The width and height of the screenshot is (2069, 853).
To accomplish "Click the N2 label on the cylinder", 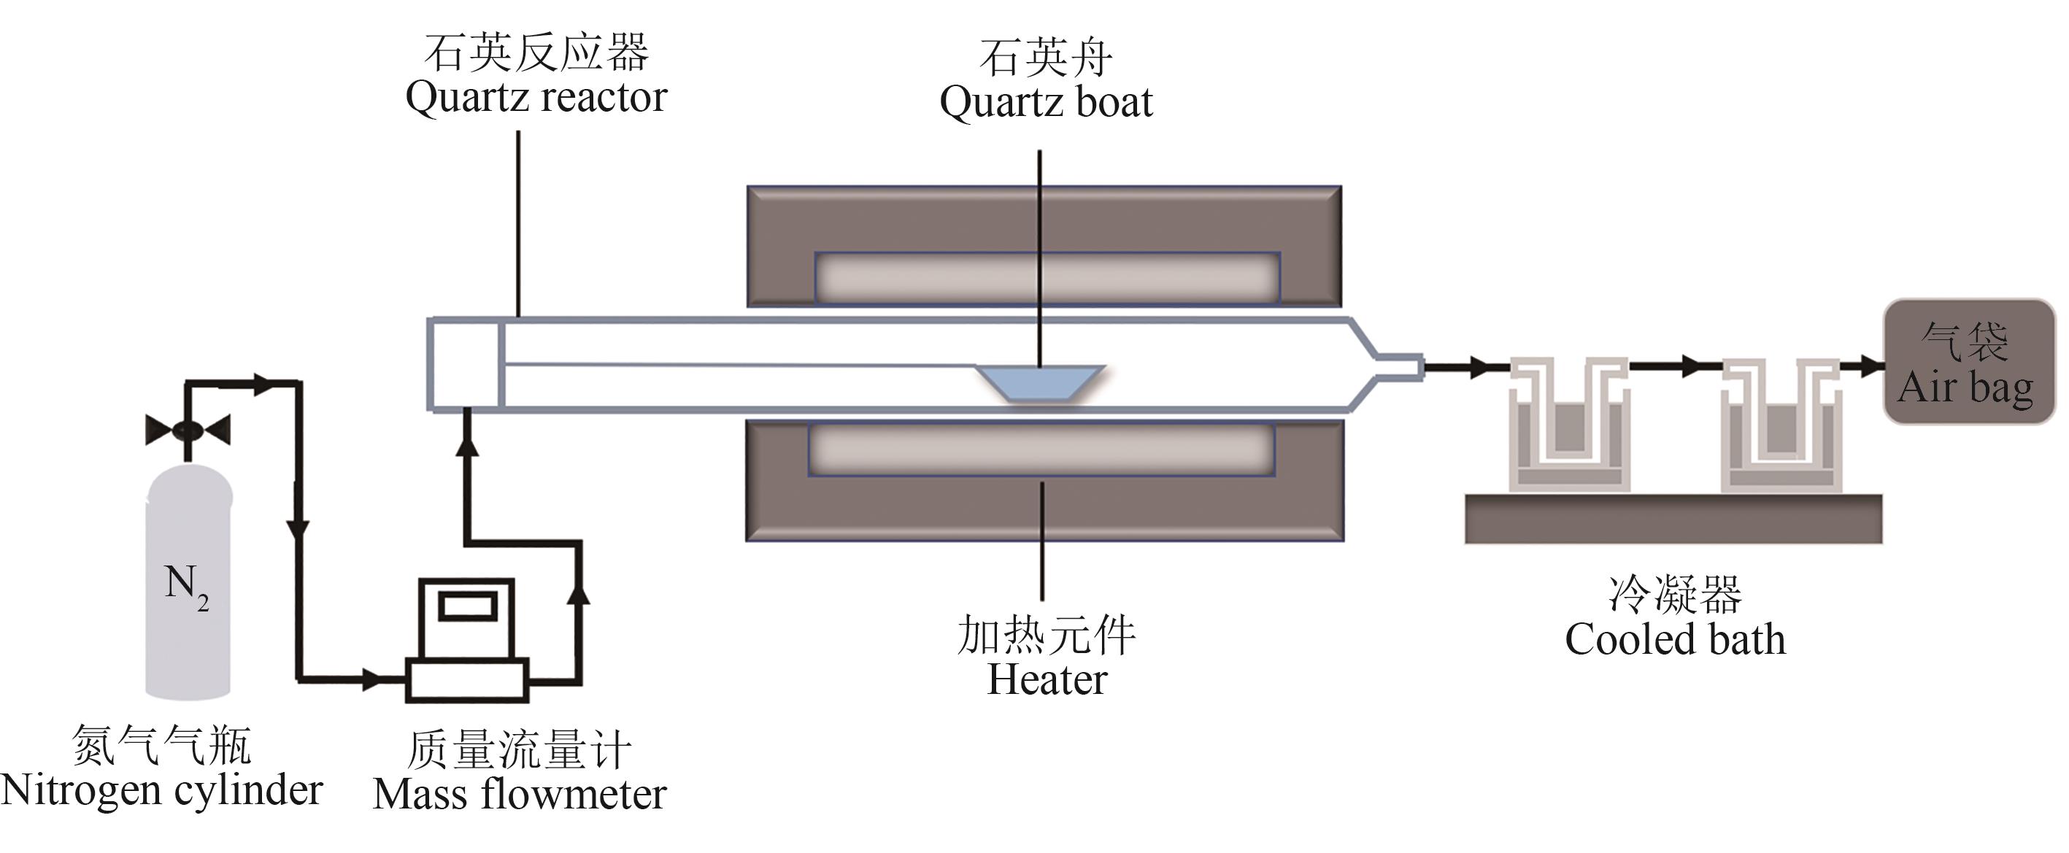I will point(186,587).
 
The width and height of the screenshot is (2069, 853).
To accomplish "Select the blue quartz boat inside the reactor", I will point(1041,384).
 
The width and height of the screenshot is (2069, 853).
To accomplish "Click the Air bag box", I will point(1968,362).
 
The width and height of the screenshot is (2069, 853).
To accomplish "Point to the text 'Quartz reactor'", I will point(536,97).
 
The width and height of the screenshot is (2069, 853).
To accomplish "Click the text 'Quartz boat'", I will point(1046,102).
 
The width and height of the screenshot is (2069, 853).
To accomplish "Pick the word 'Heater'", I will point(1047,679).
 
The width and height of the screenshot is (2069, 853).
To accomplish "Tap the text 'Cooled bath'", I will point(1675,640).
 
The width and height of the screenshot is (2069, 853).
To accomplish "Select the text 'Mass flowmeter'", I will point(520,795).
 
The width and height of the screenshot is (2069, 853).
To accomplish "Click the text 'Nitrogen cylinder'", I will point(161,790).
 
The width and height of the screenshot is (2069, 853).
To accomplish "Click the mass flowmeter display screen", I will point(466,605).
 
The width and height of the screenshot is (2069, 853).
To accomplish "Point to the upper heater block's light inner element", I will point(1047,277).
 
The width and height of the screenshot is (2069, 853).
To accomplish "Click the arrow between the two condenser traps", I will point(1691,366).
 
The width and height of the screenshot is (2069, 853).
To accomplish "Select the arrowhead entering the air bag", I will point(1871,367).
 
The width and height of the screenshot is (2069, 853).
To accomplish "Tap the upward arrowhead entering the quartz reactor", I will point(466,444).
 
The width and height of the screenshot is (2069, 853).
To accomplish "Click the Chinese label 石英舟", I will point(1046,58).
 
